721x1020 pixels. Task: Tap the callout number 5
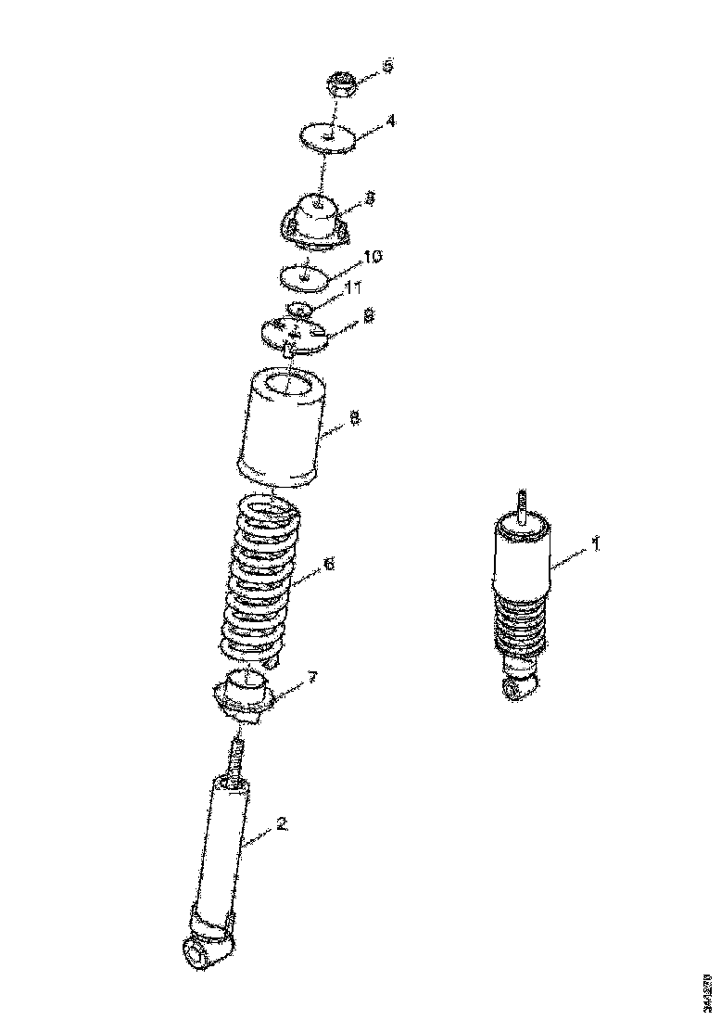pyautogui.click(x=387, y=66)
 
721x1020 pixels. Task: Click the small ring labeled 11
pyautogui.click(x=299, y=308)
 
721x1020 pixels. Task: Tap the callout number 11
pyautogui.click(x=352, y=289)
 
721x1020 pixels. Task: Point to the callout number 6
pyautogui.click(x=328, y=563)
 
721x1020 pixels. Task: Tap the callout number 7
pyautogui.click(x=312, y=678)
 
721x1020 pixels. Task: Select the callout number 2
pyautogui.click(x=282, y=823)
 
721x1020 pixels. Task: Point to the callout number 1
pyautogui.click(x=596, y=542)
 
